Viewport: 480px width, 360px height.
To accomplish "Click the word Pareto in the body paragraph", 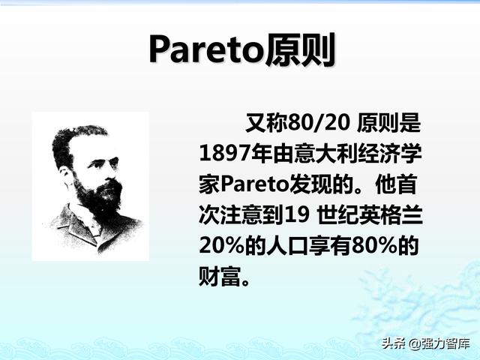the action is (x=255, y=184).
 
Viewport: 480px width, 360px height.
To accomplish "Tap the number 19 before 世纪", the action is (x=297, y=215).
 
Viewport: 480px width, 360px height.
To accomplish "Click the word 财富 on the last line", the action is (x=220, y=277).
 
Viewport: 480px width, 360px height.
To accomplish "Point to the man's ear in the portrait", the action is (x=65, y=175).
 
